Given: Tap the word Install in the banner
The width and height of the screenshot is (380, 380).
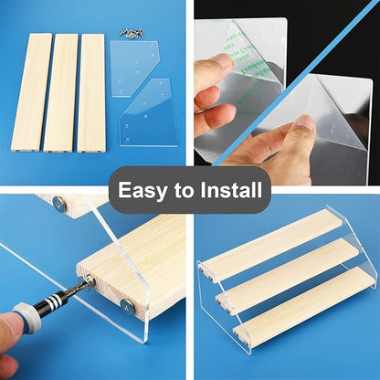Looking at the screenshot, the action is [x=231, y=190].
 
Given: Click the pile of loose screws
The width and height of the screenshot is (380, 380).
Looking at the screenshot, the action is [x=132, y=33].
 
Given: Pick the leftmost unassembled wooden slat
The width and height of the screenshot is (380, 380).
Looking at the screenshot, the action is [x=31, y=92].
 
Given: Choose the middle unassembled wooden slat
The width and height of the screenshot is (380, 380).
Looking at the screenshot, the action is [x=61, y=92].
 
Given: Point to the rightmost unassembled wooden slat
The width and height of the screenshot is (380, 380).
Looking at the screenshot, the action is [x=92, y=93].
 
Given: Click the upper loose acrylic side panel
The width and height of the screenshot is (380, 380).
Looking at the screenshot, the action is [x=133, y=68].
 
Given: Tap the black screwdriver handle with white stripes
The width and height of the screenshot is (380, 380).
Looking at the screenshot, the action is [x=51, y=299].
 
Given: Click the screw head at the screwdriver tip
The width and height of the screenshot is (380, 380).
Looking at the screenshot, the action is [x=90, y=280].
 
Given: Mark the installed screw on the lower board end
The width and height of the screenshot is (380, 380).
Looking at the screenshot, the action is [x=126, y=305].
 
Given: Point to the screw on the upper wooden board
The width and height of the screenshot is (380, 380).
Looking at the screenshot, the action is [x=58, y=204].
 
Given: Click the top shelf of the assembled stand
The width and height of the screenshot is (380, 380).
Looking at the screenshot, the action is [x=269, y=245].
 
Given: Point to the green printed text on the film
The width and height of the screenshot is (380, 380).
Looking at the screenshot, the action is [x=240, y=61].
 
